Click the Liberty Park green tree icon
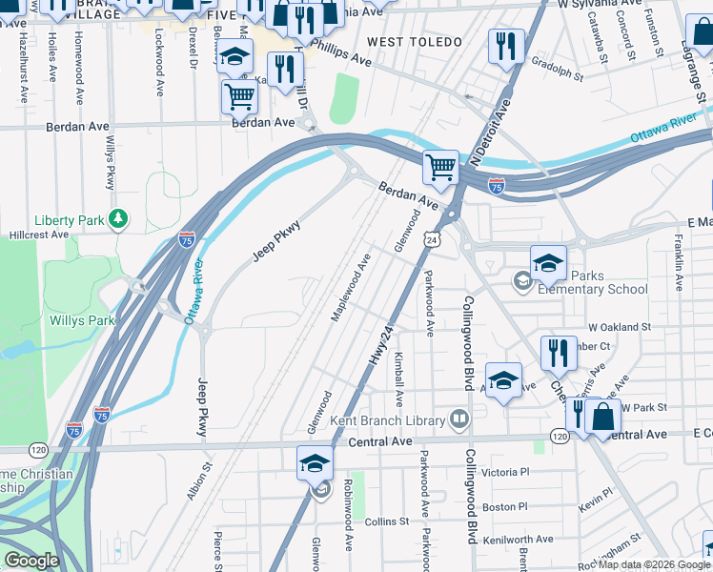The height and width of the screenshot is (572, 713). pyautogui.click(x=117, y=220)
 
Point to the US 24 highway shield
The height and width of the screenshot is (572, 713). pyautogui.click(x=433, y=242)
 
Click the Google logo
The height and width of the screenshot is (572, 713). pyautogui.click(x=31, y=561)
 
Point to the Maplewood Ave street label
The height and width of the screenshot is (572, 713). pyautogui.click(x=350, y=288)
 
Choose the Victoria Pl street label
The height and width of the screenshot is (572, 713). pyautogui.click(x=505, y=472)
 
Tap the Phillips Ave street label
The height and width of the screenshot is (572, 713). pyautogui.click(x=340, y=53)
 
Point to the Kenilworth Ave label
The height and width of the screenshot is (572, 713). pyautogui.click(x=518, y=539)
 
